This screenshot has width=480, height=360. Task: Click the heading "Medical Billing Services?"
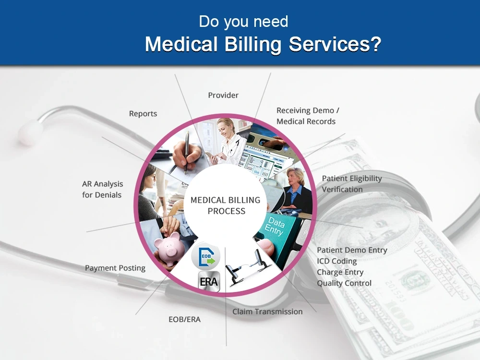263,44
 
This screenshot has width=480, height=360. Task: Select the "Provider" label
223,95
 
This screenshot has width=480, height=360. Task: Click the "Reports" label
143,114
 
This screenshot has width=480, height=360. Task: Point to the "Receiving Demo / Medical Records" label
308,116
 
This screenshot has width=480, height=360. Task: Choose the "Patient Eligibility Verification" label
351,184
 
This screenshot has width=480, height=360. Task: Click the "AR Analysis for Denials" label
102,189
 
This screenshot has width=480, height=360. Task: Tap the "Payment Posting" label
115,268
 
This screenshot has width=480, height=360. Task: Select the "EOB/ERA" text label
184,319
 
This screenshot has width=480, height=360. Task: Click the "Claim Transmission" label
267,312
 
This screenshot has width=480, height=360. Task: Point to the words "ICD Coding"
336,261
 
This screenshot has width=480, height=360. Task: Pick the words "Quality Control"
344,283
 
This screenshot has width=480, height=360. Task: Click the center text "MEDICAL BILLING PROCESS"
225,205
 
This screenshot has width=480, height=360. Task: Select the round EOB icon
205,256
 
